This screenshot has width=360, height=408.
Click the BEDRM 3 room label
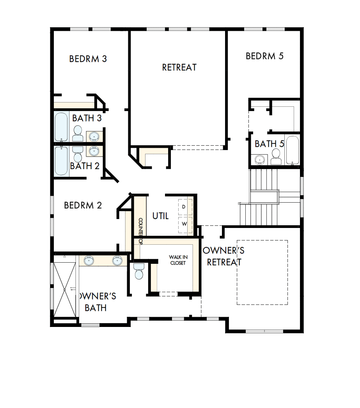tap(88, 59)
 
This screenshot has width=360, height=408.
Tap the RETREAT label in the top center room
tap(179, 67)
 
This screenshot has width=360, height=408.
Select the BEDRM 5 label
tap(264, 56)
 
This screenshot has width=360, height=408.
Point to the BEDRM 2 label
tap(83, 205)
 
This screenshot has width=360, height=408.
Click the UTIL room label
tap(160, 215)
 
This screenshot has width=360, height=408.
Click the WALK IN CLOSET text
tap(177, 260)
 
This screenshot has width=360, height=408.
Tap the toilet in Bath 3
tap(78, 132)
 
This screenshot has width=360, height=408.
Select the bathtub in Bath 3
tap(61, 127)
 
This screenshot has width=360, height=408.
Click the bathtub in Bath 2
tap(61, 161)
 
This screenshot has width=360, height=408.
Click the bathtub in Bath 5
tap(292, 150)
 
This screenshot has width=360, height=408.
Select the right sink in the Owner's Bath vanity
tap(117, 260)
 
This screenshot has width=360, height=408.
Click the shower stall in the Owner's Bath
tap(64, 289)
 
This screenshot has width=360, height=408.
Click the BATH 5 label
tap(269, 144)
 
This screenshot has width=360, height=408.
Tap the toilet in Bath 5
tap(276, 157)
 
